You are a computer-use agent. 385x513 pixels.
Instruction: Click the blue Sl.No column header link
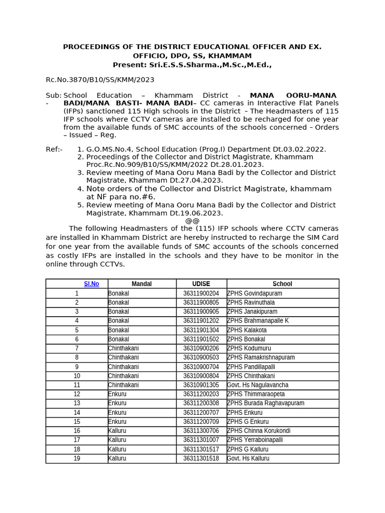coord(91,284)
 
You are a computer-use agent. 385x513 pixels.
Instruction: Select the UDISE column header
coord(201,284)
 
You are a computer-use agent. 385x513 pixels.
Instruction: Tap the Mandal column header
coord(141,284)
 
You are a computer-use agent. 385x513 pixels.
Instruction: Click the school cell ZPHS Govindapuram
coord(255,294)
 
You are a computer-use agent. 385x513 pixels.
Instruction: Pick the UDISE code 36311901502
coord(201,339)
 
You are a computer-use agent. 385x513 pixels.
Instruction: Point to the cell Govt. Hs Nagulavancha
coord(258,385)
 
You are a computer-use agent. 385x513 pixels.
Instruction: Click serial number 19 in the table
coord(77,458)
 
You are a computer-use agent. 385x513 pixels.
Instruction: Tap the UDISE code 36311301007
coord(201,440)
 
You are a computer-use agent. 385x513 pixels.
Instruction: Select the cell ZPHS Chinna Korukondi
coord(259,431)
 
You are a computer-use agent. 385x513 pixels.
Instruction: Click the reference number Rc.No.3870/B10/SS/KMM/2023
coord(100,80)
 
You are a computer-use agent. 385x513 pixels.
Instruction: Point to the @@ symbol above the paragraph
coord(192,221)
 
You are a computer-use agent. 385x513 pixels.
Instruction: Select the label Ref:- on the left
coord(54,149)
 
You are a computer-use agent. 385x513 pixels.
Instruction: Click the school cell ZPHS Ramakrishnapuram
coord(261,358)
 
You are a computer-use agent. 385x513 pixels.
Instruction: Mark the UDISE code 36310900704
coord(201,367)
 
